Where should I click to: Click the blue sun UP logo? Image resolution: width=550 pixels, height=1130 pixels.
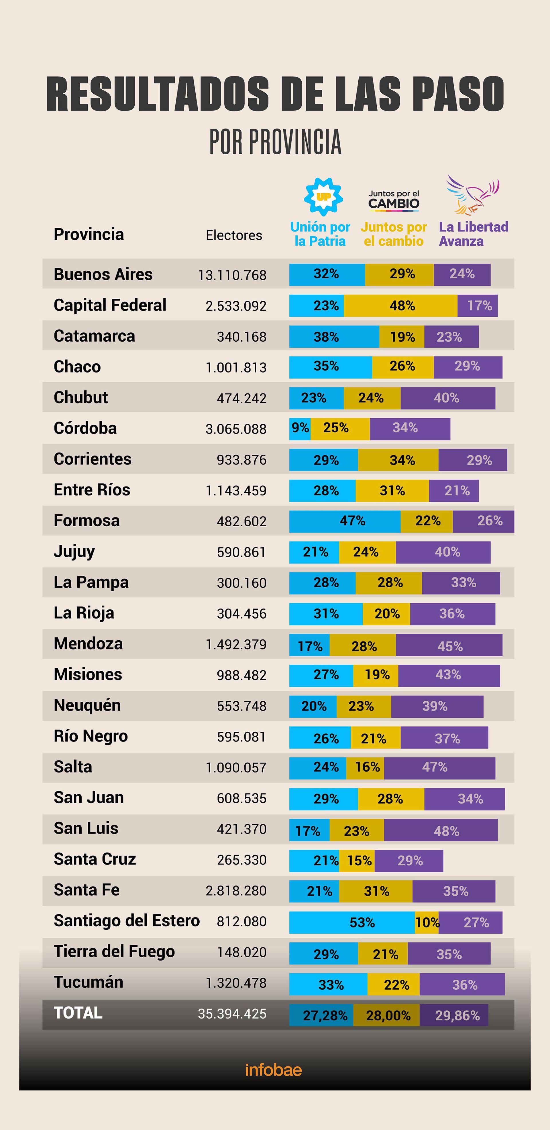coord(323,196)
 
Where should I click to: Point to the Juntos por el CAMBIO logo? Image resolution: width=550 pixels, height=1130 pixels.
coord(394,200)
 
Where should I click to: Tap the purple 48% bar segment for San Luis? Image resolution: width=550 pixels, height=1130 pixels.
coord(441,830)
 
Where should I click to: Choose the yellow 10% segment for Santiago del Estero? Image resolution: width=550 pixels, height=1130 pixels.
coord(427,922)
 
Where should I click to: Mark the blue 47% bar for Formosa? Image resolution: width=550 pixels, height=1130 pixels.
coord(345,521)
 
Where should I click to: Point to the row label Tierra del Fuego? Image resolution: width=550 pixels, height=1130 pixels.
coord(114,952)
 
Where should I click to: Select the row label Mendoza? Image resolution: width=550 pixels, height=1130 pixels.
coord(88,643)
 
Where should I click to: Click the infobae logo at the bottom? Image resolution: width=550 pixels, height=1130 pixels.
coord(274,1070)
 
